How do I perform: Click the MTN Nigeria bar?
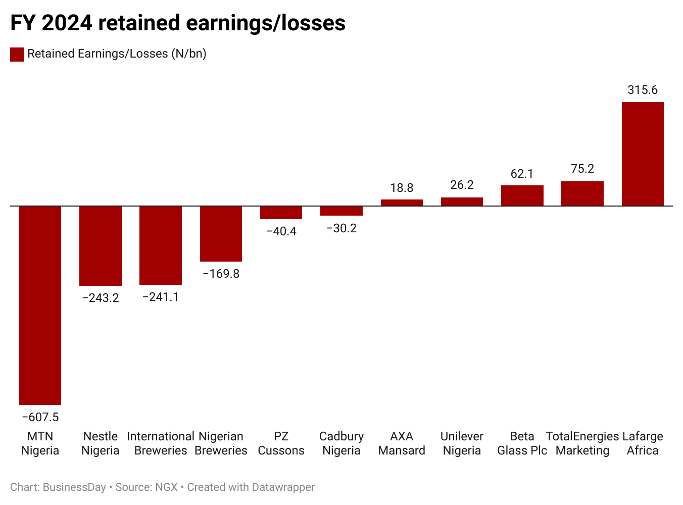40,305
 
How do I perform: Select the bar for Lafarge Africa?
643,154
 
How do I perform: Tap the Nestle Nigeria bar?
101,246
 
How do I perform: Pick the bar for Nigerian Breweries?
221,234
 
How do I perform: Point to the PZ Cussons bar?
281,213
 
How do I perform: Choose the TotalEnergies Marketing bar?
582,193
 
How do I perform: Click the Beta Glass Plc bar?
522,195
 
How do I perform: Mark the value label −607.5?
40,417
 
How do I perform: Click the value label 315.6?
643,90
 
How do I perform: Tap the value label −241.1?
161,297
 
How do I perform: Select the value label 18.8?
402,188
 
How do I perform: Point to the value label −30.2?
341,228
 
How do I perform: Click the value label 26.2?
462,185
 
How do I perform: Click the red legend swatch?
17,54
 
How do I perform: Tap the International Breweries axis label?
161,443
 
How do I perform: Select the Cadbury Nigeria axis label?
341,443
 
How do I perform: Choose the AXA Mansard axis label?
402,443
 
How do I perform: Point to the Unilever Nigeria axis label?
462,443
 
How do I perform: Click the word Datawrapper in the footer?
283,487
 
